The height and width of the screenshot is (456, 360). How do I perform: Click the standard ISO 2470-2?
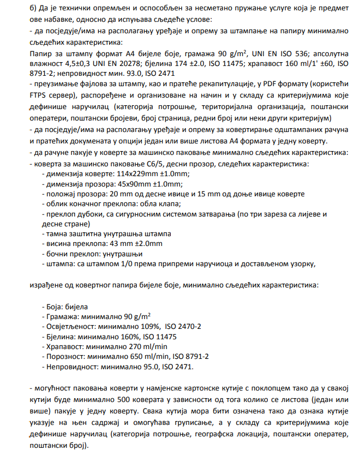click(x=183, y=326)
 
